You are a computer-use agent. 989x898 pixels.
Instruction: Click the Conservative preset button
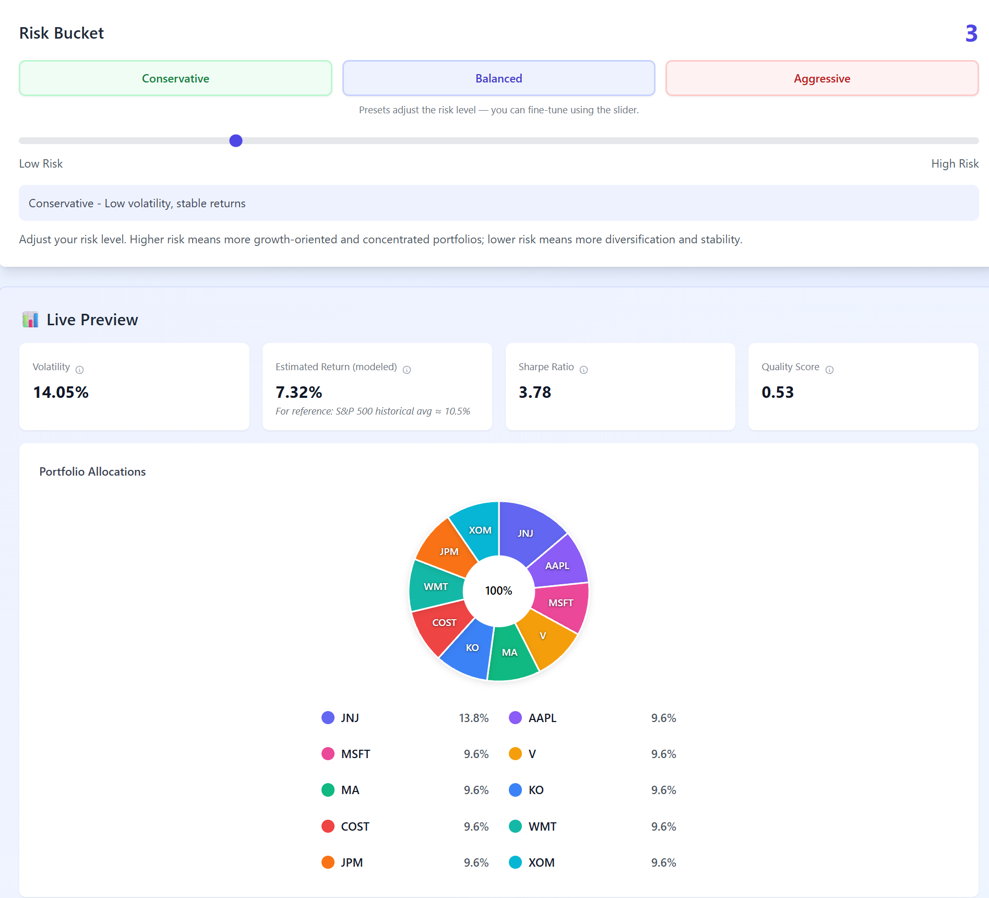[175, 78]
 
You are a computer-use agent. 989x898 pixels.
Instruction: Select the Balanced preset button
[498, 78]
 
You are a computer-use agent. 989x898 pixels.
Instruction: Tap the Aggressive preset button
[822, 78]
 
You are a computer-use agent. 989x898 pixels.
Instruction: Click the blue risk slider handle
[236, 140]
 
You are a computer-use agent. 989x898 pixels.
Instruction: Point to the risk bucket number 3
[971, 34]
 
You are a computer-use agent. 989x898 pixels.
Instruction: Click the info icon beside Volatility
[79, 370]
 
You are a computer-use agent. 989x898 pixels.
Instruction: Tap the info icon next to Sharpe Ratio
[583, 370]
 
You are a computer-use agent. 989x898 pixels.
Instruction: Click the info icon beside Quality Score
[829, 370]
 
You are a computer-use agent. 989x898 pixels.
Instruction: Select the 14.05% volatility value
[61, 392]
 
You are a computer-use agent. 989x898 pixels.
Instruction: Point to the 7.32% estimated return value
[299, 392]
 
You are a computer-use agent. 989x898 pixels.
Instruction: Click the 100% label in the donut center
[498, 590]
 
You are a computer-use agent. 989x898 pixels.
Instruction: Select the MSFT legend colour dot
[328, 754]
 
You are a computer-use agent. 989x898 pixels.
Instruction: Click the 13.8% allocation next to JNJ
[473, 718]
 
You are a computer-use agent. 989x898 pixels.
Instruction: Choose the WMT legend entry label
[542, 826]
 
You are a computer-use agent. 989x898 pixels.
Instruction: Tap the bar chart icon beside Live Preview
[30, 320]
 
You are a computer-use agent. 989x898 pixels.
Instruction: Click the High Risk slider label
[955, 163]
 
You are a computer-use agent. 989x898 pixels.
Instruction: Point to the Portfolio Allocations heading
[92, 471]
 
